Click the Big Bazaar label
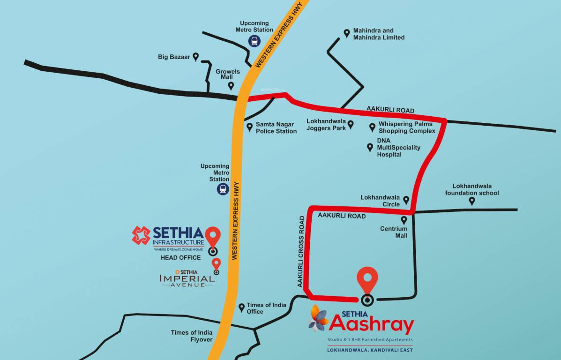point(174,57)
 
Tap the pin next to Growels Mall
point(231,86)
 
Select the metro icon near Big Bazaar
point(254,41)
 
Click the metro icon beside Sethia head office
point(222,189)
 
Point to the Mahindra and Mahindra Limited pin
point(347,33)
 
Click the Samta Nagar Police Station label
point(276,127)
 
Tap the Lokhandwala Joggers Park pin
point(350,125)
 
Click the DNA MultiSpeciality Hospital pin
point(370,148)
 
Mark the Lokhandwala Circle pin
point(406,200)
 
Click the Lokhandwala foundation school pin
point(472,201)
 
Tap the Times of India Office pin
point(241,307)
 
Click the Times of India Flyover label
point(192,336)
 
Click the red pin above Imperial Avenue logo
point(216,263)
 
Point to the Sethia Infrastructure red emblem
point(141,235)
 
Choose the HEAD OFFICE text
point(180,257)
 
